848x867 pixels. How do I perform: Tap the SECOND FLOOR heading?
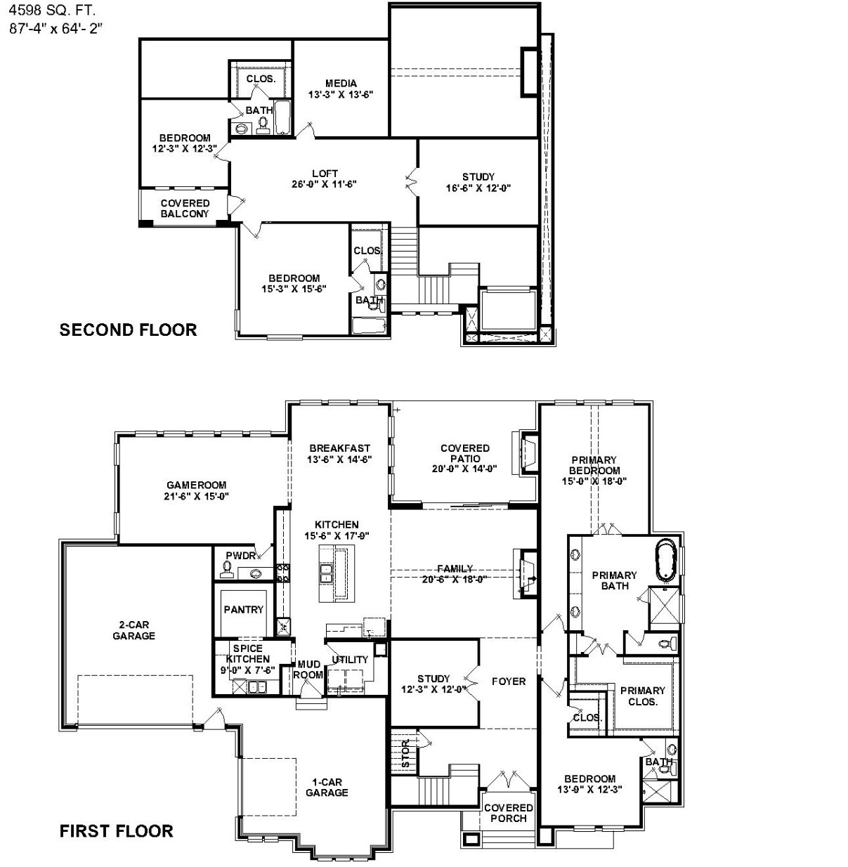pos(128,330)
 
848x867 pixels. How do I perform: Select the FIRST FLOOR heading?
pos(116,831)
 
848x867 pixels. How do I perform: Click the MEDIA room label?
pos(341,83)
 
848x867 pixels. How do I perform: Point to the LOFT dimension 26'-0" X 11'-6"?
pos(325,185)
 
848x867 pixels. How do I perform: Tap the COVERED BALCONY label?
pos(185,209)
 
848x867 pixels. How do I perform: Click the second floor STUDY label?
pos(478,177)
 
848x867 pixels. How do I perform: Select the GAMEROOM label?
pos(196,485)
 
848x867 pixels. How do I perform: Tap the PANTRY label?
pos(243,610)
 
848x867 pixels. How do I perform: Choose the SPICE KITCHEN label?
pos(247,654)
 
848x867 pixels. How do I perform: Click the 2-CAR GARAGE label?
pos(133,630)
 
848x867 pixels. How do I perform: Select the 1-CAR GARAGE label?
pos(327,787)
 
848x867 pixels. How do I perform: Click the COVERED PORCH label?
pos(508,813)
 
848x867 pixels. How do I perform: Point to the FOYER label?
pos(508,682)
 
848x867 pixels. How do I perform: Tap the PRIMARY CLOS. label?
pos(642,696)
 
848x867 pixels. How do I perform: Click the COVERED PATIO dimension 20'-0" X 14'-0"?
pos(464,469)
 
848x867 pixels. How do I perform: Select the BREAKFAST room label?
pos(339,448)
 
